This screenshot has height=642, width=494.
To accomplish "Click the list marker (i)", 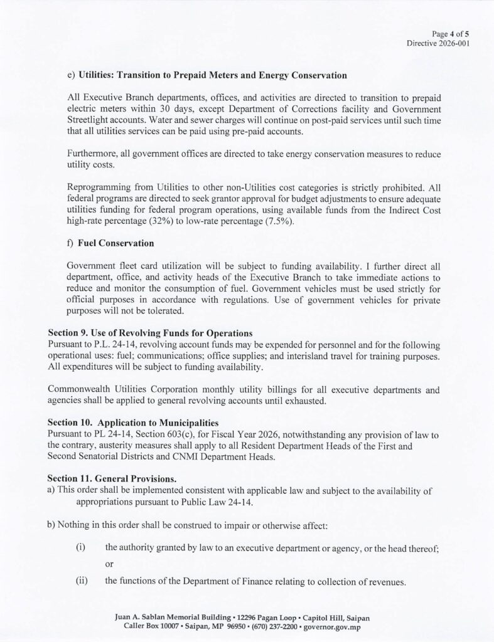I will click(80, 548).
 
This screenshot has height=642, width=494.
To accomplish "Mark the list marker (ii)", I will click(82, 581).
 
